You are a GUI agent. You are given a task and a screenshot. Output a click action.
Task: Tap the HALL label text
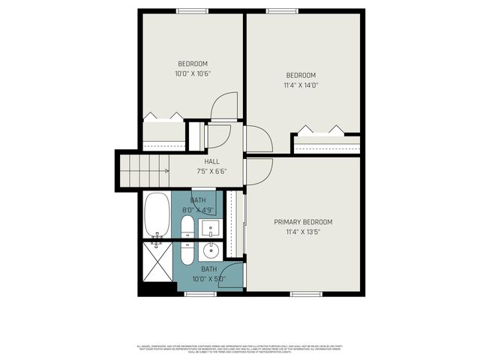click(x=211, y=161)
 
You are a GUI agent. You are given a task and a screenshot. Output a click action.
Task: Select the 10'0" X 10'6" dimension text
click(x=192, y=73)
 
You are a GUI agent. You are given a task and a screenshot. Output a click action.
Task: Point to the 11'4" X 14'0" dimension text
click(x=301, y=85)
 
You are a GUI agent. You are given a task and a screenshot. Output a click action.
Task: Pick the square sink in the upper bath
click(x=211, y=227)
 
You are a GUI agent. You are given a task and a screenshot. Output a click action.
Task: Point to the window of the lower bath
click(x=195, y=293)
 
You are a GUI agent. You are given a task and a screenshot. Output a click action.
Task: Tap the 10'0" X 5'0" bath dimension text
click(x=208, y=279)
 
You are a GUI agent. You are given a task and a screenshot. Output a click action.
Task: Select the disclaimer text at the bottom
click(x=240, y=349)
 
